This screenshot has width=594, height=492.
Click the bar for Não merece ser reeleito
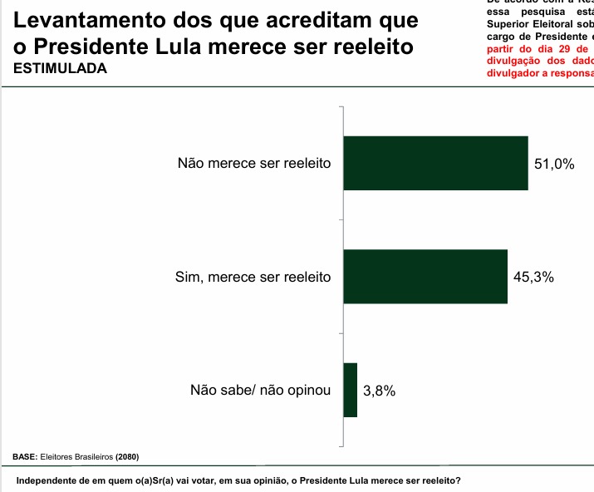click(x=435, y=163)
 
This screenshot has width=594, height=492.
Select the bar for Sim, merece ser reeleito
click(x=425, y=276)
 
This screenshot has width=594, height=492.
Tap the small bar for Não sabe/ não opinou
click(x=350, y=390)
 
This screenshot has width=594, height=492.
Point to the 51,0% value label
click(x=554, y=165)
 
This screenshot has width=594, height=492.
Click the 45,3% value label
click(x=533, y=277)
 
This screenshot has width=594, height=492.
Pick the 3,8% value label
click(x=380, y=391)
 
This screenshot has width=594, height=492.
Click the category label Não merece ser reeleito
click(x=254, y=164)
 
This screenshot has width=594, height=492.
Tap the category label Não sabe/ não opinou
click(x=261, y=390)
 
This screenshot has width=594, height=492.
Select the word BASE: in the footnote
click(x=25, y=456)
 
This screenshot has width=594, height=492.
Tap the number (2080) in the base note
click(x=127, y=456)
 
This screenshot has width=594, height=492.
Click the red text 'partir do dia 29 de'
click(x=538, y=48)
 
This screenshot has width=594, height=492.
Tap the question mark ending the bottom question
click(x=459, y=481)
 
